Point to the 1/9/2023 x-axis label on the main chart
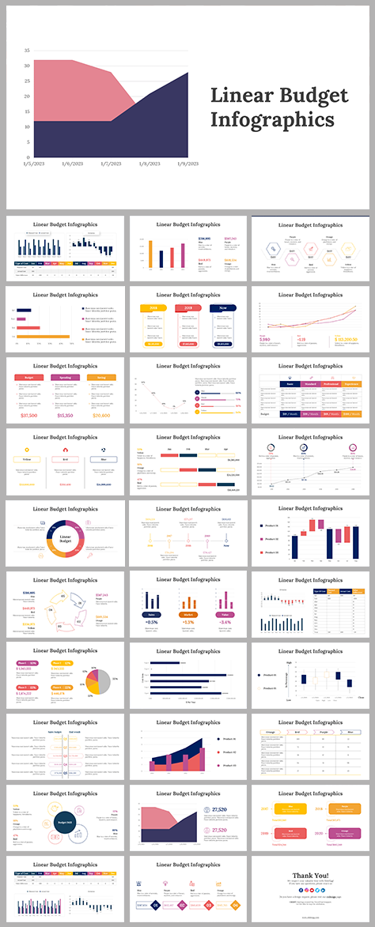[x=187, y=164]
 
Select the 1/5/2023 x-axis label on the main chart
[x=34, y=164]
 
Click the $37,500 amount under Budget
[x=29, y=415]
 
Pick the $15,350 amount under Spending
[x=66, y=415]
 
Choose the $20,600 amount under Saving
[x=102, y=415]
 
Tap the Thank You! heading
[x=312, y=875]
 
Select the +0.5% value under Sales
[x=151, y=623]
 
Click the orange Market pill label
[x=187, y=613]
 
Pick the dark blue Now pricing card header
[x=224, y=309]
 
